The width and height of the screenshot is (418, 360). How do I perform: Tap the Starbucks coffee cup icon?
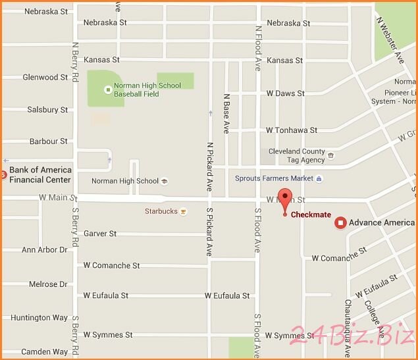(x=183, y=211)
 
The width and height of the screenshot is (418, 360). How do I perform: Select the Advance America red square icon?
(x=340, y=222)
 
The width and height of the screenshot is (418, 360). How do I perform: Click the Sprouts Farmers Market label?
(x=274, y=178)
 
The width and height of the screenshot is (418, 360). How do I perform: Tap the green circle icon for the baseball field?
(x=108, y=90)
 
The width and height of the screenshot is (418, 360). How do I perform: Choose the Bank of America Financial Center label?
(x=39, y=174)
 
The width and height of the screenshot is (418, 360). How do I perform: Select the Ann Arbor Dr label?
(x=44, y=250)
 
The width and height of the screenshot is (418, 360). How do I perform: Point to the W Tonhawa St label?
(x=292, y=130)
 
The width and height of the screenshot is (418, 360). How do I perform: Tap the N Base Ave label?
(x=226, y=113)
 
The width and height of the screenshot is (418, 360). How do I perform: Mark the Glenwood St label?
(x=45, y=77)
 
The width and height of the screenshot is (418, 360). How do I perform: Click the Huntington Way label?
(x=39, y=318)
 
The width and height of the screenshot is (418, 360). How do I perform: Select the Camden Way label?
(x=44, y=352)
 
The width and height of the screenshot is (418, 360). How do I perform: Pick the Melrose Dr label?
(x=48, y=284)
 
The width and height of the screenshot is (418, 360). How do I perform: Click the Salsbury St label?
(x=47, y=110)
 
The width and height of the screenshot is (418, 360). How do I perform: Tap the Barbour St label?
(x=48, y=141)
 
